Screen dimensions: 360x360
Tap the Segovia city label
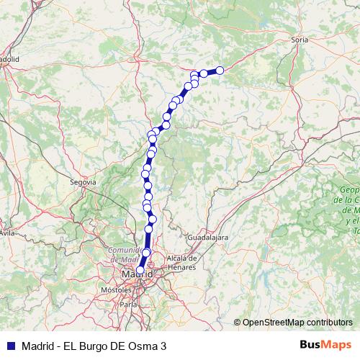click(x=83, y=183)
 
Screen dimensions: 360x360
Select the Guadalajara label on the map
click(x=207, y=236)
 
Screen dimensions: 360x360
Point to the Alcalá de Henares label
click(x=181, y=262)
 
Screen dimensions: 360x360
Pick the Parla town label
click(x=129, y=305)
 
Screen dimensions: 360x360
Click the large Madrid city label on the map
click(x=137, y=274)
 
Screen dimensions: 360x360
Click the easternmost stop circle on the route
click(x=220, y=70)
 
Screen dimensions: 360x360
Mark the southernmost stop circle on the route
click(x=140, y=270)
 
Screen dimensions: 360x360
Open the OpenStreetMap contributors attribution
click(x=297, y=322)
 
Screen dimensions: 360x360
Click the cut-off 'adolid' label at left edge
click(x=9, y=59)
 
